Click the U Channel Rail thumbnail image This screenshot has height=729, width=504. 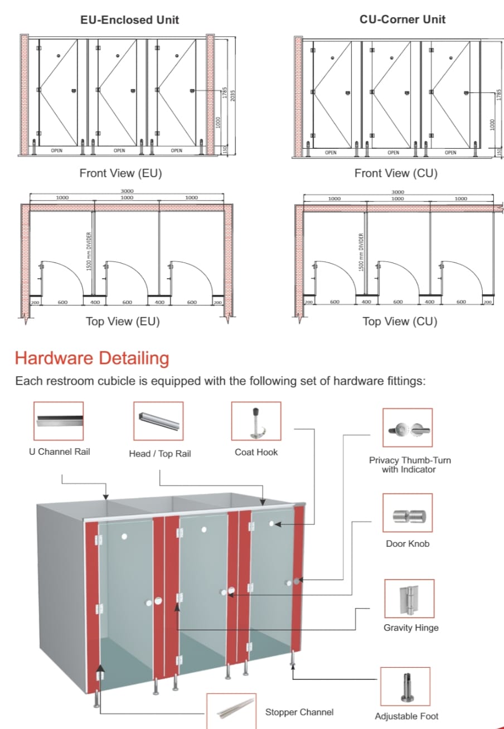coord(59,421)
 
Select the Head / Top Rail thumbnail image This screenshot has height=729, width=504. coord(158,421)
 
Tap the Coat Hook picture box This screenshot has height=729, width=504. coord(256,421)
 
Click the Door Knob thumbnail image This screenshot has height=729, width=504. coord(408,513)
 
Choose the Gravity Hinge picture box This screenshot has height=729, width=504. coord(409,599)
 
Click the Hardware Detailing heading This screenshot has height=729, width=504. coord(92,358)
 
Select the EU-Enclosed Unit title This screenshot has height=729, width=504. coord(130,20)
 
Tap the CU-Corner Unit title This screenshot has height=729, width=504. coord(403,20)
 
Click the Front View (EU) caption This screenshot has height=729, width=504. coord(120,173)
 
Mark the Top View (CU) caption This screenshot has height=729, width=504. coord(400,322)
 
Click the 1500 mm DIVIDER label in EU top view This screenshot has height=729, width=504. coord(89,252)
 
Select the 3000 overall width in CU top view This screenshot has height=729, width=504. coord(398,192)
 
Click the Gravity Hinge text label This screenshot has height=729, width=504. coord(411,628)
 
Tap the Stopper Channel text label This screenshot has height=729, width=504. coord(299,712)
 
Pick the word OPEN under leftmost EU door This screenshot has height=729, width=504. coord(57,150)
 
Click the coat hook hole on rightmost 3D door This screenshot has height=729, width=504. coord(272,524)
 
